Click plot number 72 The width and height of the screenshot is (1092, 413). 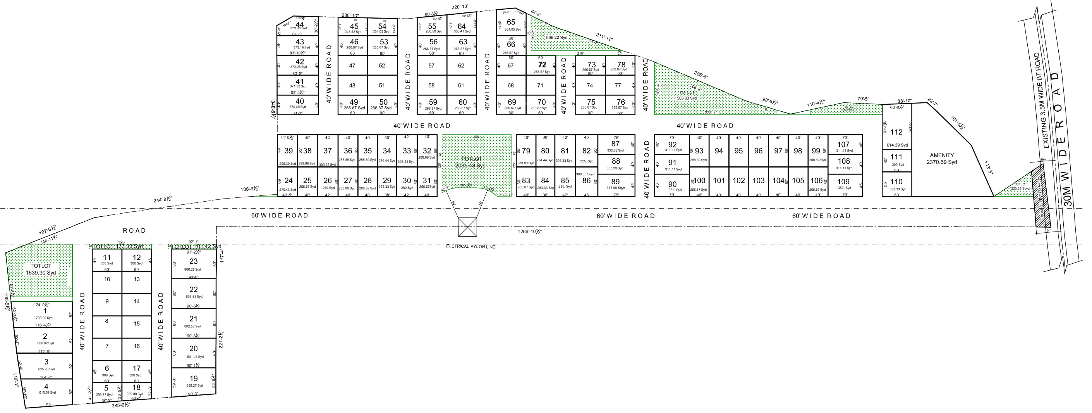pos(542,65)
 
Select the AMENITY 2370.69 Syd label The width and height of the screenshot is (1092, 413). pos(941,158)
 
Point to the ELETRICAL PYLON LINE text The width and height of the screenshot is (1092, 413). pos(470,247)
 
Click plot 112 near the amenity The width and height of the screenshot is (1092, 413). pos(896,132)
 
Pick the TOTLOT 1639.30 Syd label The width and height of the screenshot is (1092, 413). pos(41,270)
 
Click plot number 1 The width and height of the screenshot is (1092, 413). pos(45,311)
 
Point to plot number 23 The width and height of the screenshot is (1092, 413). pos(193,261)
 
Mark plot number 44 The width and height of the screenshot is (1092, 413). pos(300,24)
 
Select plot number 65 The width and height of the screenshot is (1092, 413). pos(511,22)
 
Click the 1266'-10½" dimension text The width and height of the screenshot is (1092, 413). pos(529,232)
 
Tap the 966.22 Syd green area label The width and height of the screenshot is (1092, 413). pos(556,38)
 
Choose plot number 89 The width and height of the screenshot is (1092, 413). pos(616,181)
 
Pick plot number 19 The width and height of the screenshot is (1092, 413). pos(193,378)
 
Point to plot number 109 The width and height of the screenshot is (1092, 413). pos(843,181)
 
